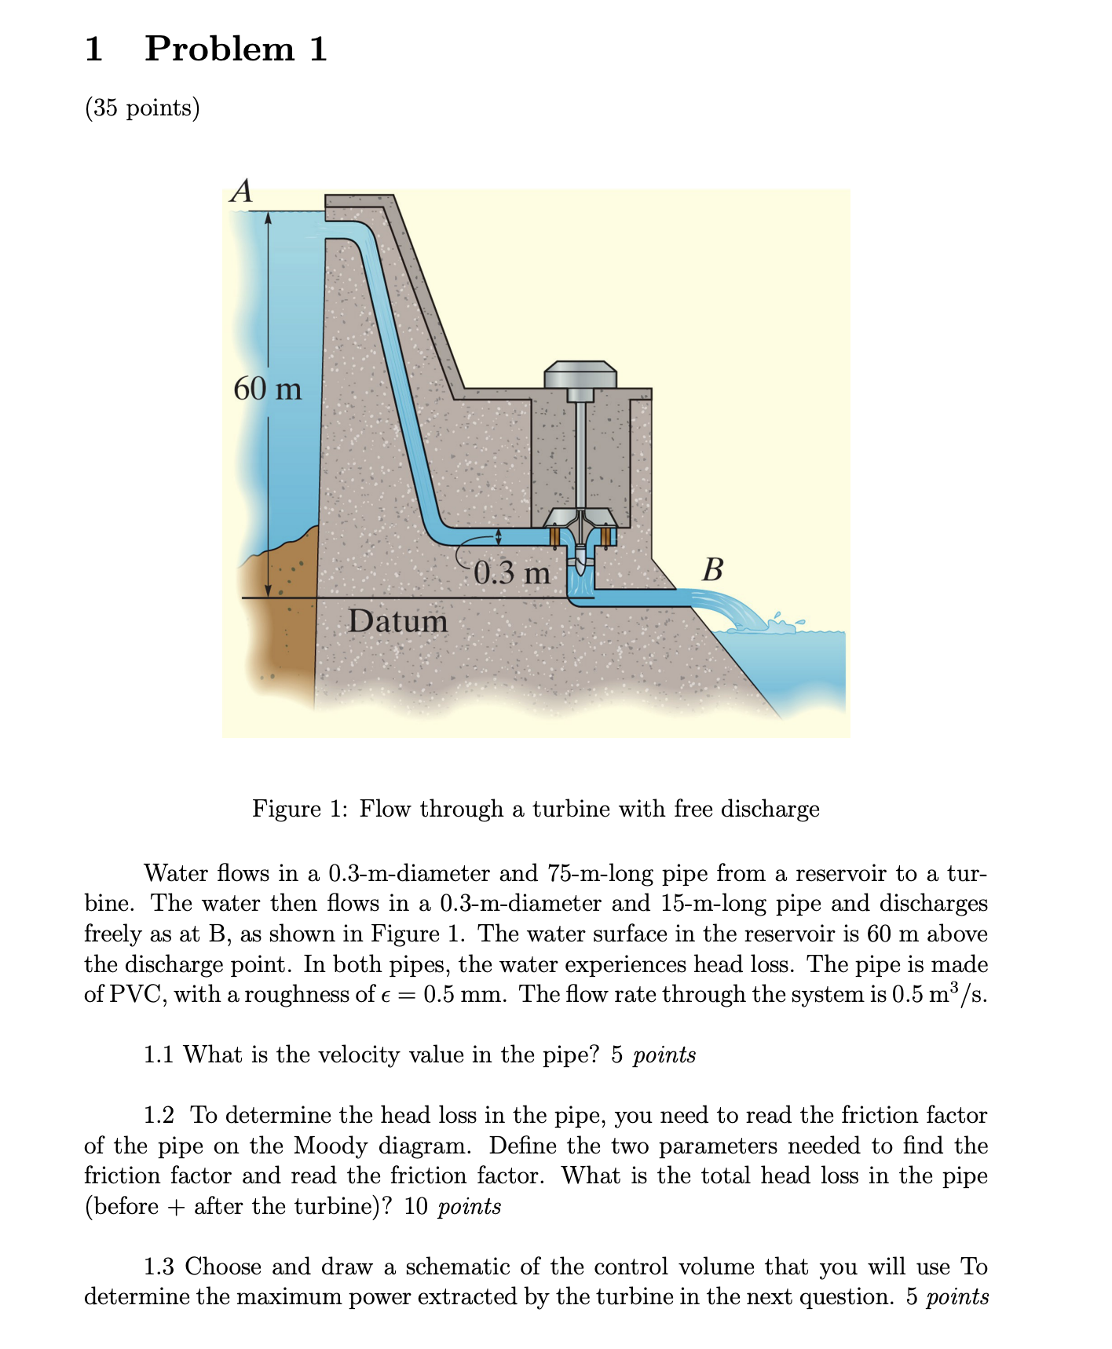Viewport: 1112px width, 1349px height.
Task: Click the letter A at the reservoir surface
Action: [x=242, y=191]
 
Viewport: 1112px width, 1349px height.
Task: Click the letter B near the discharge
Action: [x=712, y=568]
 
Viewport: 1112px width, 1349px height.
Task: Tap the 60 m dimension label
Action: [x=267, y=389]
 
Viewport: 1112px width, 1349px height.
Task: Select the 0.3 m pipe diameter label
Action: [x=512, y=572]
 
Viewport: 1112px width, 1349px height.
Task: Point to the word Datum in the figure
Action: [x=398, y=621]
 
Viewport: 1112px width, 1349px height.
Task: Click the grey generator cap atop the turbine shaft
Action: [x=580, y=374]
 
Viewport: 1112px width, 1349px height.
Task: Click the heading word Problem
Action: [x=219, y=49]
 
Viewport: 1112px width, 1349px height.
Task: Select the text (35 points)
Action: [x=142, y=108]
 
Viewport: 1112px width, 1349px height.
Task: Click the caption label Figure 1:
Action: [x=299, y=809]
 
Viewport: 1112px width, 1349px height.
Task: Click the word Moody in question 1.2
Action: [x=330, y=1146]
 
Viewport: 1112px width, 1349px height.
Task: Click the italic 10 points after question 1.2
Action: [x=452, y=1206]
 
